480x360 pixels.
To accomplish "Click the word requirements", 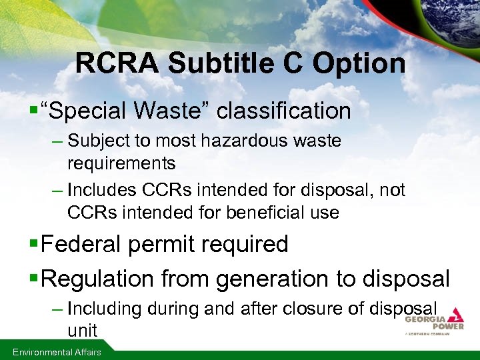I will coord(121,163).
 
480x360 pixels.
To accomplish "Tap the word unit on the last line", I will coord(82,330).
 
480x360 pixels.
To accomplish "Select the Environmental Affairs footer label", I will coord(55,352).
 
